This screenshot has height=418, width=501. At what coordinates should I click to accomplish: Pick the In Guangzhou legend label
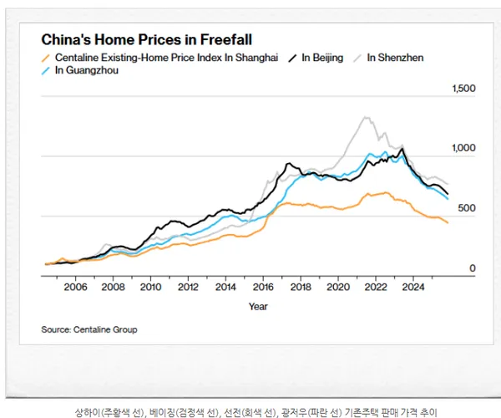tap(87, 71)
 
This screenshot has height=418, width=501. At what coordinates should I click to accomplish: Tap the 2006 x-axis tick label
tap(75, 287)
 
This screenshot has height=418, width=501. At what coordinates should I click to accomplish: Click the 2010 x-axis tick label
tap(150, 287)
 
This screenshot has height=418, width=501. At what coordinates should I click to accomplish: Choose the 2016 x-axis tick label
tap(263, 287)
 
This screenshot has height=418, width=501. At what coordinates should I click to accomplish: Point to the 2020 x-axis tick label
tap(337, 287)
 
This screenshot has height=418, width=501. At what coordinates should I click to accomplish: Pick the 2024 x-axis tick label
tap(412, 287)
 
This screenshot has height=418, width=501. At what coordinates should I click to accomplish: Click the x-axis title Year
tap(258, 306)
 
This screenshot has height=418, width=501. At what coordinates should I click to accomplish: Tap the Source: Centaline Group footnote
tap(89, 330)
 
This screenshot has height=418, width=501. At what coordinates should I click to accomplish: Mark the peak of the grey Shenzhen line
tap(365, 117)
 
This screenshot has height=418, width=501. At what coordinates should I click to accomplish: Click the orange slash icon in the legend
tap(47, 58)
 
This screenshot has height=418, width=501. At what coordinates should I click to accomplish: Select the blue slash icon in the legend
tap(47, 71)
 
